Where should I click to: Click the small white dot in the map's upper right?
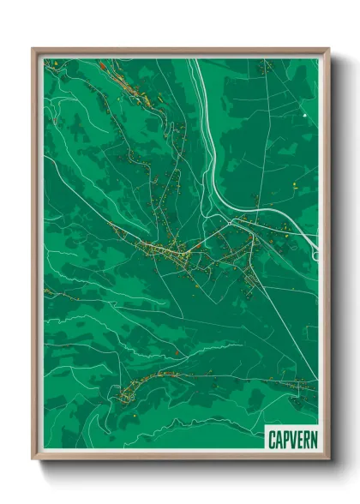[x=303, y=114]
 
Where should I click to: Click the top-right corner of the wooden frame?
[x=327, y=50]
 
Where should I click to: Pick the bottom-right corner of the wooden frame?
[x=327, y=459]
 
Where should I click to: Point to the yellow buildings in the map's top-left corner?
[x=53, y=65]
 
